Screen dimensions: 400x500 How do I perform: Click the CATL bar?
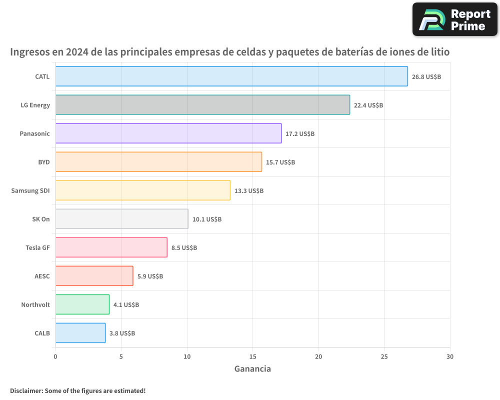[231, 76]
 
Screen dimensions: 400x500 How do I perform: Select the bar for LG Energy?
[202, 105]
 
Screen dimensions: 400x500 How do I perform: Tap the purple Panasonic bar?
[168, 133]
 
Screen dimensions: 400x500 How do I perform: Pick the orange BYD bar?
[158, 162]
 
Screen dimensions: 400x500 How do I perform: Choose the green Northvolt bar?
[82, 304]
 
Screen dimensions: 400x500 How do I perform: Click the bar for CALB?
[80, 333]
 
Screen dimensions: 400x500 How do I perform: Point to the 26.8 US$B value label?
[426, 77]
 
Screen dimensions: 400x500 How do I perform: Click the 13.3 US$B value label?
[249, 191]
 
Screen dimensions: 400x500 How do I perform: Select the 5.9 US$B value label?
[150, 276]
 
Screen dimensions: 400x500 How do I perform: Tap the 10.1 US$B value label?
[207, 219]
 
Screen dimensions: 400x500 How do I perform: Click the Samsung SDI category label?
[30, 190]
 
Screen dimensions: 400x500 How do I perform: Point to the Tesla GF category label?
[37, 247]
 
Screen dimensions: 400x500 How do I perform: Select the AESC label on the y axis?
[42, 276]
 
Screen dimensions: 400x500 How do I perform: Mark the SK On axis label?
[40, 219]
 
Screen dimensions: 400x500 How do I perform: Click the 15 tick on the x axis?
[252, 356]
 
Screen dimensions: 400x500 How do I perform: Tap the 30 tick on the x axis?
[450, 356]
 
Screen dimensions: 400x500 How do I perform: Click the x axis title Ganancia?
[252, 369]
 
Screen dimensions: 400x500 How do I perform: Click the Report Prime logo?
[454, 19]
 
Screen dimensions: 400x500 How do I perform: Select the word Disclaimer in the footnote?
[26, 390]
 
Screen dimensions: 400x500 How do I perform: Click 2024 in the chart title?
[75, 52]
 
